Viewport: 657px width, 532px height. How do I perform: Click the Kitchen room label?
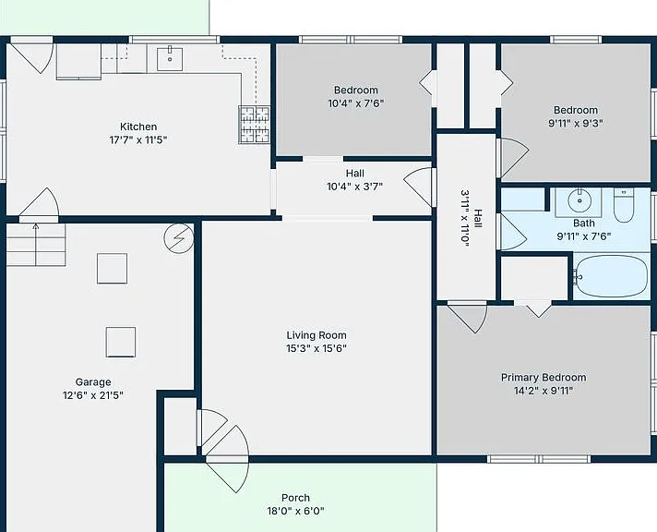(x=138, y=127)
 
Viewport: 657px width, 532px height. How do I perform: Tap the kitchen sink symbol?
(x=170, y=59)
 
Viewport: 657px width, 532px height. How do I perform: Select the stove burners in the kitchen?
(x=254, y=125)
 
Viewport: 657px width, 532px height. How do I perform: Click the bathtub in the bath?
(x=612, y=276)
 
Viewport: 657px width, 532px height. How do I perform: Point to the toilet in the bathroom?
(x=624, y=205)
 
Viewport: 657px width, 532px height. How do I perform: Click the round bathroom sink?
(x=579, y=201)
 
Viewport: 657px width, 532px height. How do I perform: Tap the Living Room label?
(x=317, y=335)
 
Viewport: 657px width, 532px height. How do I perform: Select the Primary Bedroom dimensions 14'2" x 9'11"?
(x=544, y=391)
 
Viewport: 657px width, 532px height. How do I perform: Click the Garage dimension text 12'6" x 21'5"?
(x=93, y=395)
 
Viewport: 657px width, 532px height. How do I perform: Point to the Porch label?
(x=296, y=498)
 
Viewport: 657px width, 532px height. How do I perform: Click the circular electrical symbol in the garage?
(x=179, y=238)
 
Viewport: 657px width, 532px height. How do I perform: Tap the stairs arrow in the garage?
(x=36, y=245)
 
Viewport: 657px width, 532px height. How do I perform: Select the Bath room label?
(x=584, y=224)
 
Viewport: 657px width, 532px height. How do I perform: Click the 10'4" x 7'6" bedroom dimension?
(x=356, y=103)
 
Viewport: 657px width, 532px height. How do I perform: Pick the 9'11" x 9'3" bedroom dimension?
(x=575, y=124)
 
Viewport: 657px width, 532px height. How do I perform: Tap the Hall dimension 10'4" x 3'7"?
(x=355, y=187)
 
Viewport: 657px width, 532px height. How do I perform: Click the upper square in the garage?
(x=112, y=269)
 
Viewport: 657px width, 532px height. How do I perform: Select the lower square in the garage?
(x=121, y=342)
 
